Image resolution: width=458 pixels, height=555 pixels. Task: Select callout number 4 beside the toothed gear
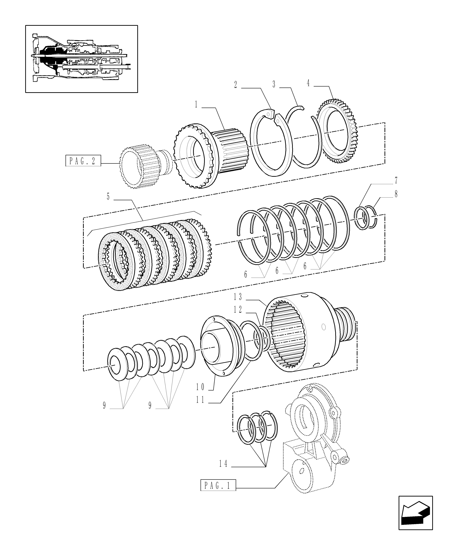coord(308,83)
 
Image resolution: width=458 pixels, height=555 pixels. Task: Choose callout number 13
coord(238,297)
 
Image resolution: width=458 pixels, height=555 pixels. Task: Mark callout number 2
coord(236,85)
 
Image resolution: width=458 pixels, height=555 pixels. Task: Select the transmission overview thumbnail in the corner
coord(81,59)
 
